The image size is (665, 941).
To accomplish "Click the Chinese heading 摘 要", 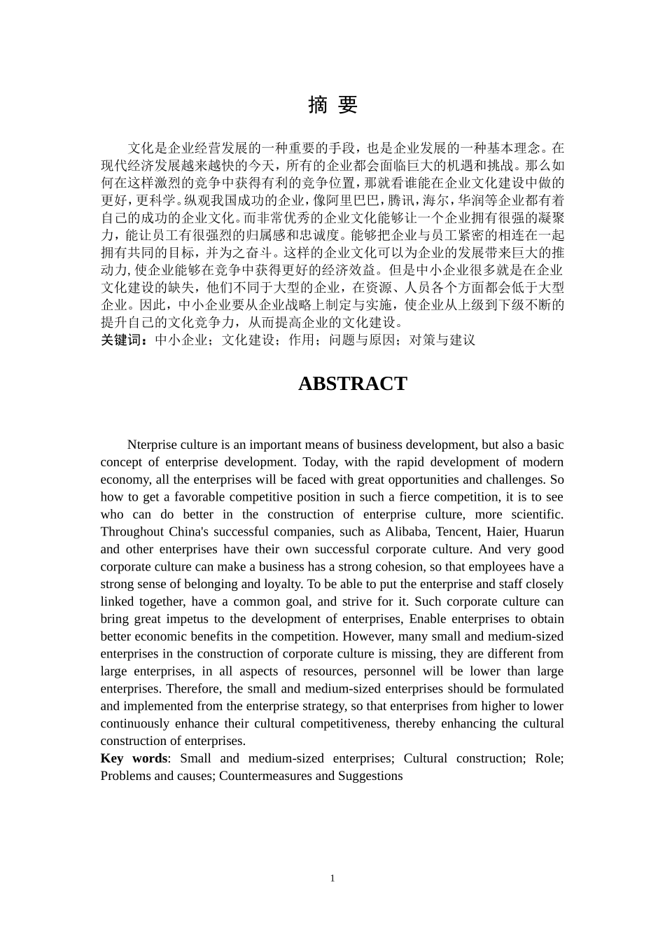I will click(x=332, y=105).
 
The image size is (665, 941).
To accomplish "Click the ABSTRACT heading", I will click(x=352, y=384).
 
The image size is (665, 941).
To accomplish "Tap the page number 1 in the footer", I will click(x=332, y=878).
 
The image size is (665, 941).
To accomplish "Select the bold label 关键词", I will click(x=123, y=340).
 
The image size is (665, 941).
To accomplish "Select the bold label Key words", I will click(x=134, y=758).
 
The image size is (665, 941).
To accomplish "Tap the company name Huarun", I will click(x=543, y=531).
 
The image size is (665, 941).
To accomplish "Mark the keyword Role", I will click(x=549, y=758).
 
